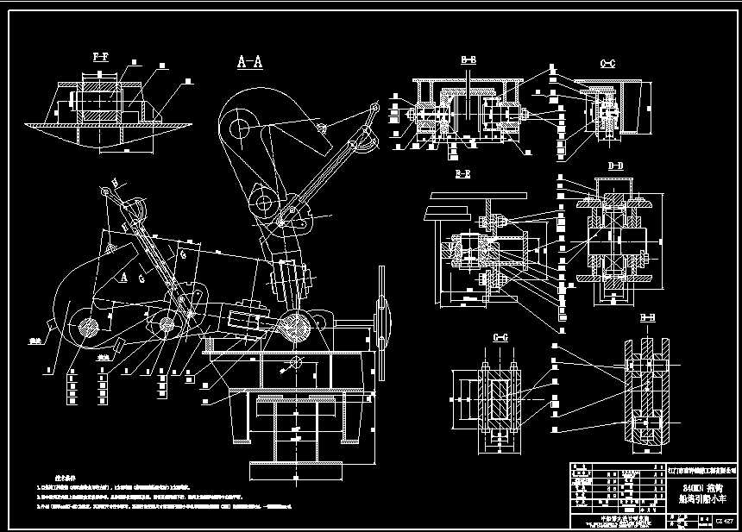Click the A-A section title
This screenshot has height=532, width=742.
(250, 61)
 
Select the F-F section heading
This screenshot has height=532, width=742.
(100, 56)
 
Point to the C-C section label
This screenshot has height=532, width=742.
(607, 63)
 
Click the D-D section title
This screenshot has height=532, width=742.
(615, 164)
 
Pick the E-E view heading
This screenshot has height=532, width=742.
(462, 174)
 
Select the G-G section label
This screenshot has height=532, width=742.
(500, 336)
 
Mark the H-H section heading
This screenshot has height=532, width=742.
(646, 318)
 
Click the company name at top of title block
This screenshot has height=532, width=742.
(704, 470)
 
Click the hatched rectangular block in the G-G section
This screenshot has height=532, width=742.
(499, 403)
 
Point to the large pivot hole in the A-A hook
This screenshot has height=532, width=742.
(241, 128)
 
